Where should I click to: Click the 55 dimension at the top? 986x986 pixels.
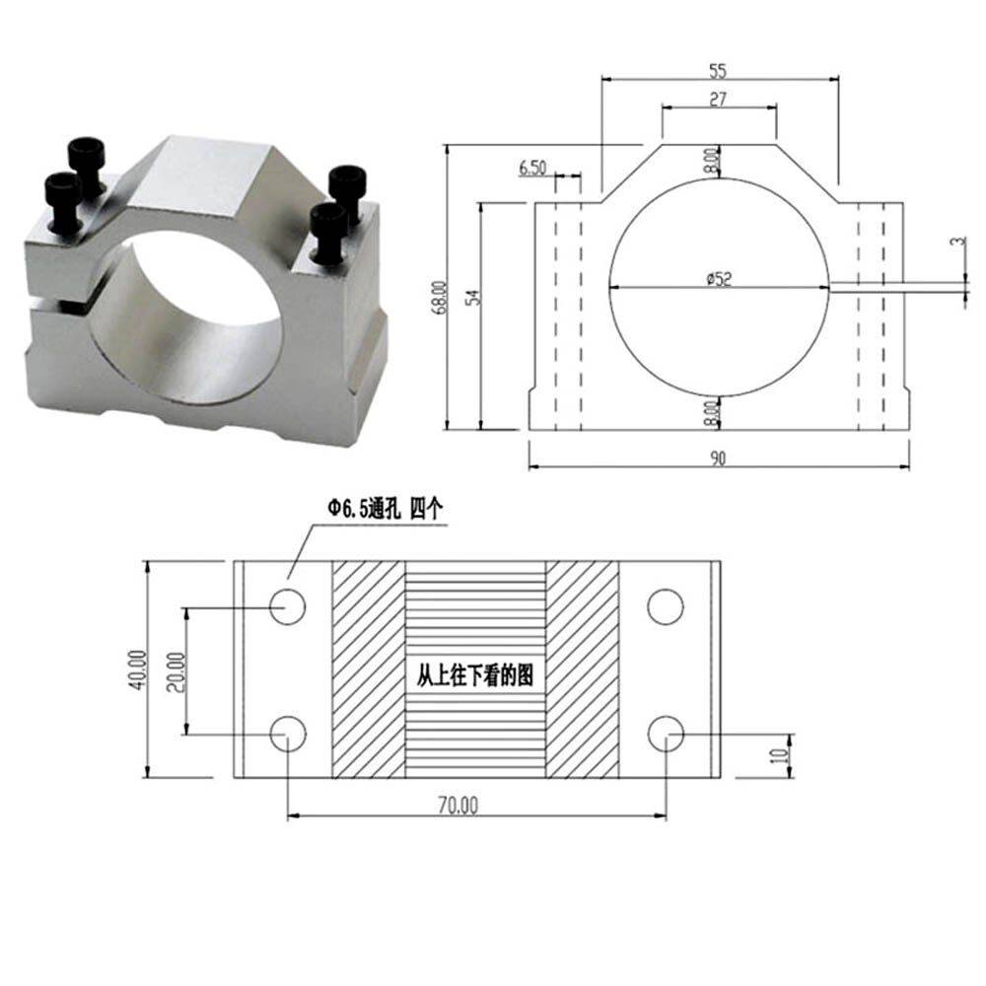coord(718,71)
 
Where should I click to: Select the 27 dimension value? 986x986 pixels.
coord(718,99)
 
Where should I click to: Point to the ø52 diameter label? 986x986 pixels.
coord(719,280)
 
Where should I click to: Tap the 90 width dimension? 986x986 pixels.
coord(717,458)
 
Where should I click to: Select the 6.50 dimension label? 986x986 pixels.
coord(532,168)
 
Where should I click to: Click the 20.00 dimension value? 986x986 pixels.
coord(176,670)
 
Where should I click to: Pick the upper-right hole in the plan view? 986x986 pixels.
coord(666,606)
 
